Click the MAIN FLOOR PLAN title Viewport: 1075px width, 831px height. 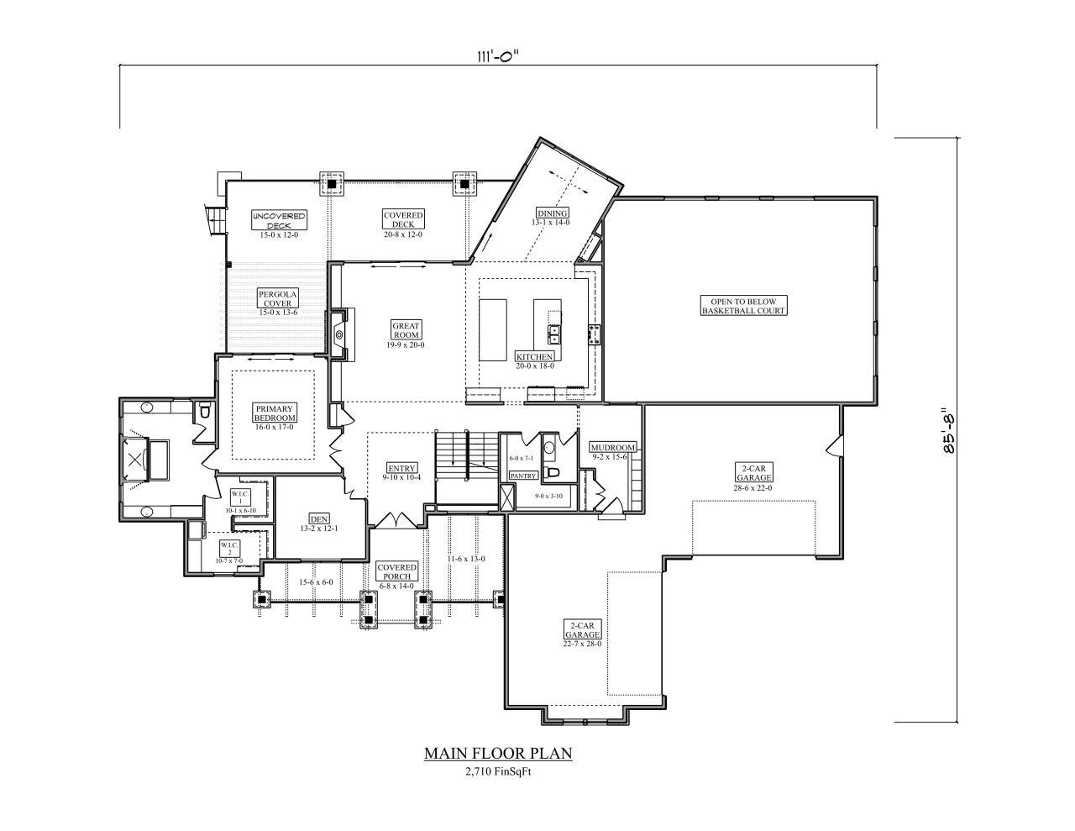click(498, 753)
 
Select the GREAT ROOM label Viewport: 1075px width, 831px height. click(406, 330)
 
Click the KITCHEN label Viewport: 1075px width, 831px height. click(534, 357)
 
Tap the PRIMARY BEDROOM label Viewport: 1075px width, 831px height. click(275, 413)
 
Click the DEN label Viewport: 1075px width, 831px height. click(318, 518)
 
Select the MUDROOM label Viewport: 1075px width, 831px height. click(612, 447)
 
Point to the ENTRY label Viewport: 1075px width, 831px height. click(402, 468)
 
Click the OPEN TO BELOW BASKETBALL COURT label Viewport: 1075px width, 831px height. click(743, 305)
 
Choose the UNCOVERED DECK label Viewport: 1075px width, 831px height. click(279, 221)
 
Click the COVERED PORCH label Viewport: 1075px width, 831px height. click(396, 571)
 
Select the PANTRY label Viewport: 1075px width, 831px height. click(523, 476)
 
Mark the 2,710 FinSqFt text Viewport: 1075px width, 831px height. click(498, 772)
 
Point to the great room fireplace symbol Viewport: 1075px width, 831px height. click(339, 334)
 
